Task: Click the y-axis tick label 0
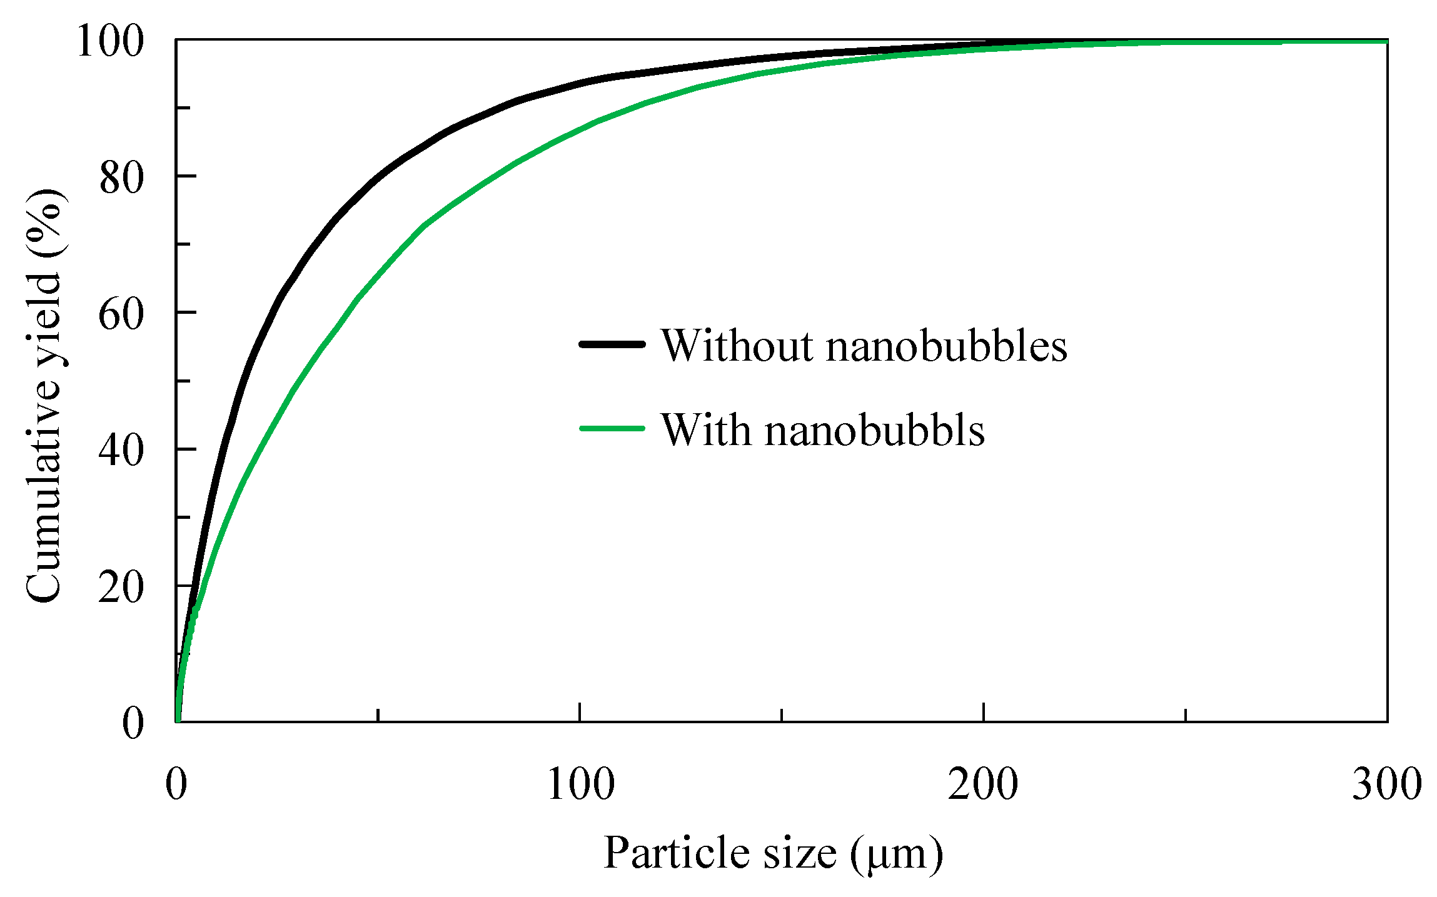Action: tap(133, 723)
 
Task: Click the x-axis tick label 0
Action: tap(176, 784)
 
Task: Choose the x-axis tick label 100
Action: tap(580, 784)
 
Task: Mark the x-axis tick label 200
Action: tap(984, 784)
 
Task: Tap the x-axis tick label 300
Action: tap(1387, 784)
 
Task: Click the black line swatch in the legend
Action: tap(612, 344)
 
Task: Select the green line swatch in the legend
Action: tap(612, 429)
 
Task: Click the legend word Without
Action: tap(738, 345)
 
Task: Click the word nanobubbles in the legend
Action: tap(947, 345)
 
